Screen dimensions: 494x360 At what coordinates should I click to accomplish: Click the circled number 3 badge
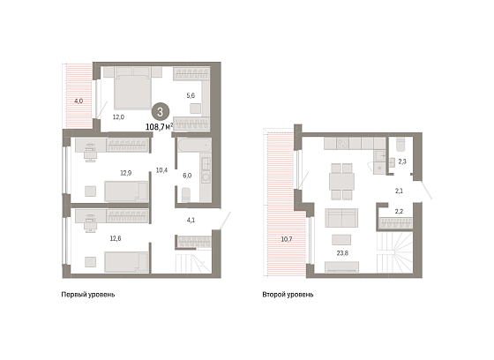click(161, 112)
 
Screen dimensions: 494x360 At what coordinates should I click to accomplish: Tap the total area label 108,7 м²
click(159, 127)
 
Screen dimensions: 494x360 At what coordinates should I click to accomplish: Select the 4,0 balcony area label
click(79, 101)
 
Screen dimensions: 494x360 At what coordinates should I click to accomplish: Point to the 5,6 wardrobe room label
click(191, 95)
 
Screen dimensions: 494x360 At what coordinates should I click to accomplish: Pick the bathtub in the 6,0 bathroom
click(194, 146)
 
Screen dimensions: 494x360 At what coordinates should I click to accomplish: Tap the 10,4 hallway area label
click(161, 170)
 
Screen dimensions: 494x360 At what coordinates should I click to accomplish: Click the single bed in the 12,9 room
click(126, 191)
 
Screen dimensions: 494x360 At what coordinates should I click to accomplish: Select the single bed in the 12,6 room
click(126, 262)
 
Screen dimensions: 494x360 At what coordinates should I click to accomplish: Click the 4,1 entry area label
click(191, 220)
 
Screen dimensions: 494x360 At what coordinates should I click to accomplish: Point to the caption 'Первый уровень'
click(88, 295)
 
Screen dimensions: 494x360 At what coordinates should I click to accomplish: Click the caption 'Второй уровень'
click(288, 295)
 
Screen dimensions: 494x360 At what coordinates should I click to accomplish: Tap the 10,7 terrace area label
click(287, 239)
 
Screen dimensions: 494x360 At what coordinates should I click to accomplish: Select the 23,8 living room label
click(342, 253)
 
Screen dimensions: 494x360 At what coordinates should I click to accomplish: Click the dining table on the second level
click(342, 182)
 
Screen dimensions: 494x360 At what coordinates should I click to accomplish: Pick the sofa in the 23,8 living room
click(341, 218)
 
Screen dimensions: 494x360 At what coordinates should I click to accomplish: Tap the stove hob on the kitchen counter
click(342, 144)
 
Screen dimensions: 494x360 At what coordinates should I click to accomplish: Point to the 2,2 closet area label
click(399, 212)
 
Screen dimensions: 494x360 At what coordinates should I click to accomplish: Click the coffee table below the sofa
click(341, 240)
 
